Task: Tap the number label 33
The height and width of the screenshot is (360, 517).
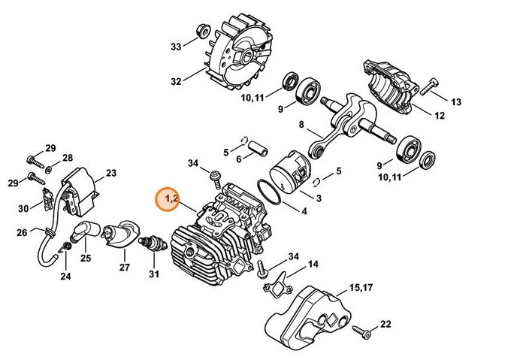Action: pos(176,47)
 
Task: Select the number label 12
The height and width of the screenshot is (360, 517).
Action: pos(439,116)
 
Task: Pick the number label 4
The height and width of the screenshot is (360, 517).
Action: pos(304,211)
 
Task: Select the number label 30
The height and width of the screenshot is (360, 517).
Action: pos(23,208)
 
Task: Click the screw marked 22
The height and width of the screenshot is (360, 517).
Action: pos(363,329)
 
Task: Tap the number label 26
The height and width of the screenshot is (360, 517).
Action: pos(22,231)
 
